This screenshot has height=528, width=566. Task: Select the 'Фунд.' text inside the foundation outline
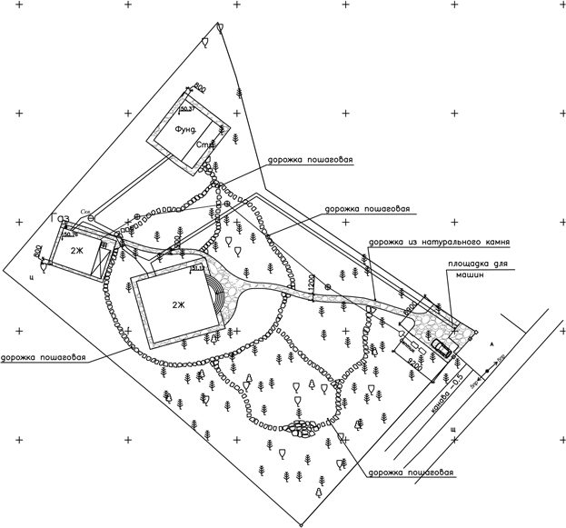coord(186,131)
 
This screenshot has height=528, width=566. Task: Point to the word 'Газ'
coord(61,219)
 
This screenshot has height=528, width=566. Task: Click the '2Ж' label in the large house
coord(177,304)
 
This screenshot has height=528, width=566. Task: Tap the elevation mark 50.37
coord(188,108)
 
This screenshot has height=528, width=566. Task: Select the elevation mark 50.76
coord(70,234)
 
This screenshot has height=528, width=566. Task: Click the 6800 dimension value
coord(411,310)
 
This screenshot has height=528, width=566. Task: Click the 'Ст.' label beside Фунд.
coord(204,145)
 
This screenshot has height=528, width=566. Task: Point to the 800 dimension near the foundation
coord(201,87)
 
